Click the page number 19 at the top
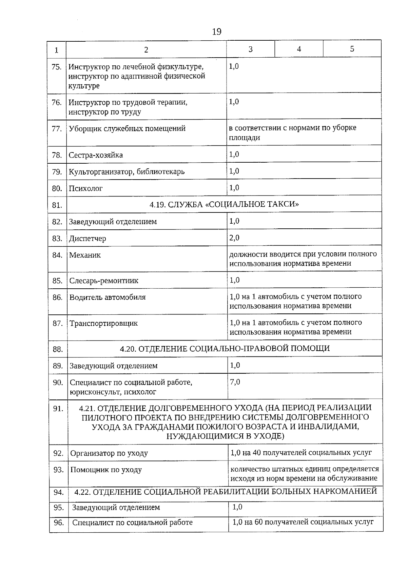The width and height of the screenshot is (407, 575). point(216,32)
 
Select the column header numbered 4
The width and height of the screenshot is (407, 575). point(299,49)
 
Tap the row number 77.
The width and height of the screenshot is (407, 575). point(57,129)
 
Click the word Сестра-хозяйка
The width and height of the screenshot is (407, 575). point(96,155)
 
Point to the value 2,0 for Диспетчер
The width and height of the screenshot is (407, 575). point(234,238)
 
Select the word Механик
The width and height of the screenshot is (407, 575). point(85,255)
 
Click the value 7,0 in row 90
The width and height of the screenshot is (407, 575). point(235,382)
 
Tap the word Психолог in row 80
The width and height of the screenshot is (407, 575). point(85,188)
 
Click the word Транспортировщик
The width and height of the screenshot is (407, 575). point(103,323)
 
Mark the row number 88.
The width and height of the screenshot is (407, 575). point(58,349)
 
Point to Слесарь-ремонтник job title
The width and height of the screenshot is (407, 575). point(104,281)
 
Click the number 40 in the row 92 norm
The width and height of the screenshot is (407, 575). point(256,453)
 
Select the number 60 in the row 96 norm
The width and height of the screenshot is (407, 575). point(259,522)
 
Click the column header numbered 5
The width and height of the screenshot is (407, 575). point(352,49)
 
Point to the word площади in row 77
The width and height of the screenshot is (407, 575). point(245,138)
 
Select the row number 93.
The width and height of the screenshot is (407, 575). point(58,470)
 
